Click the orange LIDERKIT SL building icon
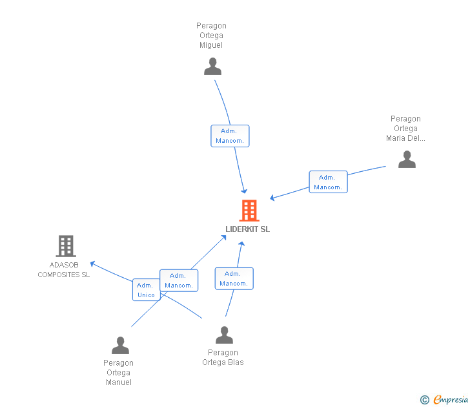[x=249, y=211]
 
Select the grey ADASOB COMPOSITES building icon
[x=65, y=246]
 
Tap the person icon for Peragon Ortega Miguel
[x=212, y=67]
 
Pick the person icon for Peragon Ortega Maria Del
[x=407, y=159]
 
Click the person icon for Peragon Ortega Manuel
[x=120, y=346]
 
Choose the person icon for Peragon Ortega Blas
[x=224, y=335]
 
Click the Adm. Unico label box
[x=146, y=289]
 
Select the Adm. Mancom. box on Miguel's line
[x=230, y=136]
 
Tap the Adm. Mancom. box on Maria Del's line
[x=328, y=182]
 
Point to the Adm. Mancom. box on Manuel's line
[x=179, y=280]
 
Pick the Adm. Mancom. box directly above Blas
[x=234, y=278]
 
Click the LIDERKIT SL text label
[x=248, y=229]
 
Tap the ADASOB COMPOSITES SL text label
[x=64, y=270]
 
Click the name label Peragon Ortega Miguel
[x=212, y=36]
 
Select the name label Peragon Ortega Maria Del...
[x=405, y=129]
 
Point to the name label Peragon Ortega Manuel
[x=119, y=373]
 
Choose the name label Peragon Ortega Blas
[x=223, y=357]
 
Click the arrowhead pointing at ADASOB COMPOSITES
[x=92, y=263]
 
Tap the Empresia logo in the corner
[x=450, y=400]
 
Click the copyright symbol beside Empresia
[x=424, y=400]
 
